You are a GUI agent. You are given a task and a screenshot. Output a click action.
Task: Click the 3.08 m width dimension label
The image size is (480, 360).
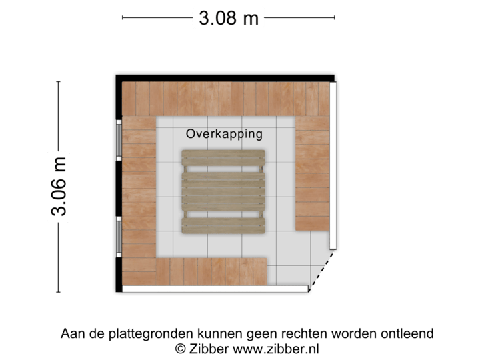point(228,17)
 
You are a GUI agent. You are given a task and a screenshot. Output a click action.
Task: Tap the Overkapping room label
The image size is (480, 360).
point(224,134)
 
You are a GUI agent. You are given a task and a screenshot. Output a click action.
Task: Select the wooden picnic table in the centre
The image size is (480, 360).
point(223,192)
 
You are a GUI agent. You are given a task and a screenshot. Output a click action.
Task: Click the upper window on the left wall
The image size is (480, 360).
point(119,140)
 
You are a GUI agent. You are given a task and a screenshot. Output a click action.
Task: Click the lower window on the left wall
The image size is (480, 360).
point(119,237)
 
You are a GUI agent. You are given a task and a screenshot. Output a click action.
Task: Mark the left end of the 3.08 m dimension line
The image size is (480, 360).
point(123,18)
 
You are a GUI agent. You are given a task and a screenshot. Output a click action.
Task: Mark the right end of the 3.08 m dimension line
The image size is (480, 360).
point(334,18)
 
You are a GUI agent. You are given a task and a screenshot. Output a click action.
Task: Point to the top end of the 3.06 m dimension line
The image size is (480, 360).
point(59,82)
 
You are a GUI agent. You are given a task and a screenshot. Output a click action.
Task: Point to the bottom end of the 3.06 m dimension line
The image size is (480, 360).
point(59,292)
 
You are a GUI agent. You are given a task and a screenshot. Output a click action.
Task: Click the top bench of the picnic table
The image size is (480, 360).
point(223,158)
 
